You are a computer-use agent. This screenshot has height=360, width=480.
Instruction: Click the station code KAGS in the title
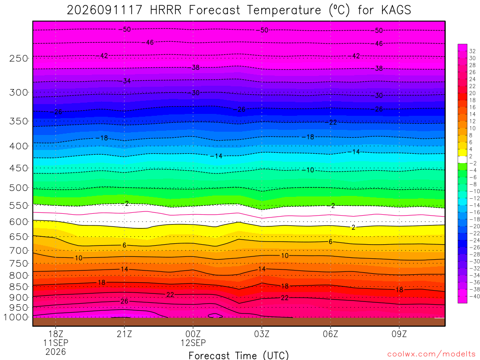[396, 10]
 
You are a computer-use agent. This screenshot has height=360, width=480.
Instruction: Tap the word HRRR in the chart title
[165, 10]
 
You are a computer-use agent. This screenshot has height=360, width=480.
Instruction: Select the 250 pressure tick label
[19, 58]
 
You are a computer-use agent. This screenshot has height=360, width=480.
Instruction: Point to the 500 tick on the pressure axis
[19, 187]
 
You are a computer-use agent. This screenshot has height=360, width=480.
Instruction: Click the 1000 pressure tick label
[15, 317]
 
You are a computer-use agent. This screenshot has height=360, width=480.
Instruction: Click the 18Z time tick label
[56, 334]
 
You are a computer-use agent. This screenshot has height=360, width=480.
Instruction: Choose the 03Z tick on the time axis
[262, 334]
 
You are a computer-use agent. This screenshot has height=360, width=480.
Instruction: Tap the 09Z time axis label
[399, 334]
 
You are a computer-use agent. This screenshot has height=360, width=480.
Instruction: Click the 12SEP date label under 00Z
[193, 343]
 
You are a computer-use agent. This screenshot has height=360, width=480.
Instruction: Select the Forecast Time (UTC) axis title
[239, 355]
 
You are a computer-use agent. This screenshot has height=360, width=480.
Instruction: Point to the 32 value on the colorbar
[472, 51]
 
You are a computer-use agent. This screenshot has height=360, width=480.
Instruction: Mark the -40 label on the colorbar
[474, 296]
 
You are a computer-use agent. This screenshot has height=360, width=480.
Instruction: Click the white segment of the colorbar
[462, 159]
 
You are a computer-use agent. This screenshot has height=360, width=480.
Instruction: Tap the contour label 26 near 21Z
[124, 301]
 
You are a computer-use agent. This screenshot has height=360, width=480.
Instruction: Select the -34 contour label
[127, 81]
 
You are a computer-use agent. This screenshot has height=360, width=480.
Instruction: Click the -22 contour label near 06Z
[333, 122]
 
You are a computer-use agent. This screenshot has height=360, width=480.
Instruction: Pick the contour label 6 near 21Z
[124, 245]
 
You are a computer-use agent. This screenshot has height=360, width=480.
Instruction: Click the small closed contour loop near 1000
[215, 315]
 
